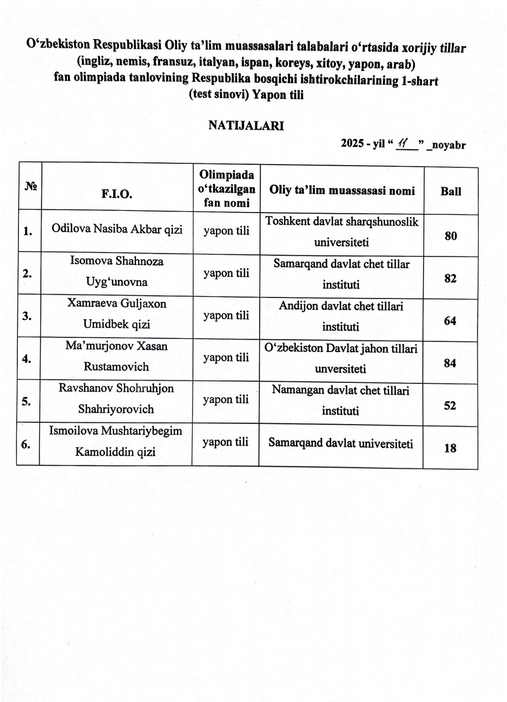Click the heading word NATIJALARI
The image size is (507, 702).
tap(246, 126)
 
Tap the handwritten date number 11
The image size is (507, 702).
tap(401, 144)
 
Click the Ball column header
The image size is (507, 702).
tap(451, 191)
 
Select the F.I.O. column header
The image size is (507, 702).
tap(117, 194)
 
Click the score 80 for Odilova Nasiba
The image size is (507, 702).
tap(451, 236)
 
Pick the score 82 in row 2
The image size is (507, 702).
tap(450, 278)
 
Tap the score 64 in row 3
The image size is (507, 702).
tap(450, 321)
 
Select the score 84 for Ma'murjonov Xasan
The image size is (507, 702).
tap(450, 363)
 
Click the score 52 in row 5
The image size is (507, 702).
tap(450, 405)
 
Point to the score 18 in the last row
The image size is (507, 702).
tap(450, 448)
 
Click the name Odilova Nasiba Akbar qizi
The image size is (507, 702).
tap(117, 229)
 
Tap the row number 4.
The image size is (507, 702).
tap(27, 359)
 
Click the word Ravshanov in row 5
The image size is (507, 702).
tap(85, 389)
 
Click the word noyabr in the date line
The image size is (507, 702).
tap(448, 145)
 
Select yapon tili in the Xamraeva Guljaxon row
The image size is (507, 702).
tap(226, 315)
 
